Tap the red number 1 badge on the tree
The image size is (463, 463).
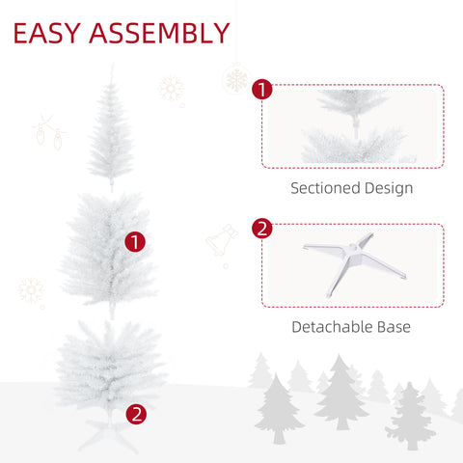pyautogui.click(x=136, y=242)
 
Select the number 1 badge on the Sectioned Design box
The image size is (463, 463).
pyautogui.click(x=261, y=90)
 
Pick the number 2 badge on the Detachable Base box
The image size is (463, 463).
pyautogui.click(x=261, y=230)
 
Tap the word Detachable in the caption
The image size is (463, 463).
pyautogui.click(x=332, y=327)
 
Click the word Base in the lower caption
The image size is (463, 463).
pyautogui.click(x=395, y=327)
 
